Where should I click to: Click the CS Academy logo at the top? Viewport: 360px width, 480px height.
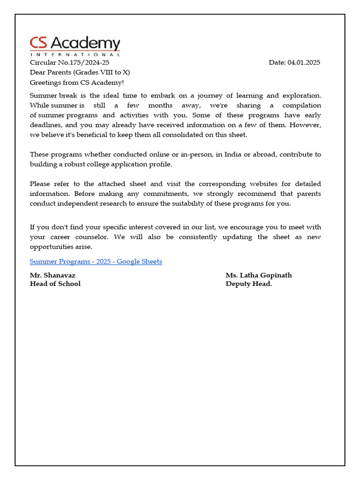[75, 44]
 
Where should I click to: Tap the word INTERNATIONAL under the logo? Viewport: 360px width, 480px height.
[75, 54]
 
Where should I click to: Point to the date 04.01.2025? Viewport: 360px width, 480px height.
[304, 62]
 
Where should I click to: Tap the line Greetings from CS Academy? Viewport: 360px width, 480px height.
[77, 82]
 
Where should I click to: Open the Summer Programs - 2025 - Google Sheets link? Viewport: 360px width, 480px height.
[96, 262]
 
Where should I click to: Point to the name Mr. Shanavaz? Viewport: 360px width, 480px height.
[52, 275]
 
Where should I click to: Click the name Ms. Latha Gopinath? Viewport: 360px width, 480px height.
[259, 275]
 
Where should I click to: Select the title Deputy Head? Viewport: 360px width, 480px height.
[249, 284]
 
